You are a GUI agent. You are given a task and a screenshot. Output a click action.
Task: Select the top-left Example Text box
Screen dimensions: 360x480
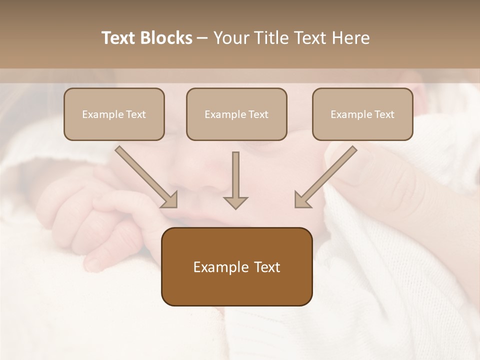pos(114,114)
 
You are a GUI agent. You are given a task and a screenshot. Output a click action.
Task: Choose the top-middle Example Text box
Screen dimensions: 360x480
pos(236,114)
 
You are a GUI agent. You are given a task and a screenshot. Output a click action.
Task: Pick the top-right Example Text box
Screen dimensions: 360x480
pos(362,114)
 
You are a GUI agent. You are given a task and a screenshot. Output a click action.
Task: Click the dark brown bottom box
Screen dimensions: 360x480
pos(236,266)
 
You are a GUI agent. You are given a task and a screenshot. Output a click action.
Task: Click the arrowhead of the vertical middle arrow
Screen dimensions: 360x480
pos(235,202)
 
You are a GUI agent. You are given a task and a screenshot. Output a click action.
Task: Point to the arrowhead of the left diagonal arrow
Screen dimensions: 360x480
pos(170,199)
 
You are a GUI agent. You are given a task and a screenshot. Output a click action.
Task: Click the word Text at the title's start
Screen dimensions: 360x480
pos(119,38)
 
